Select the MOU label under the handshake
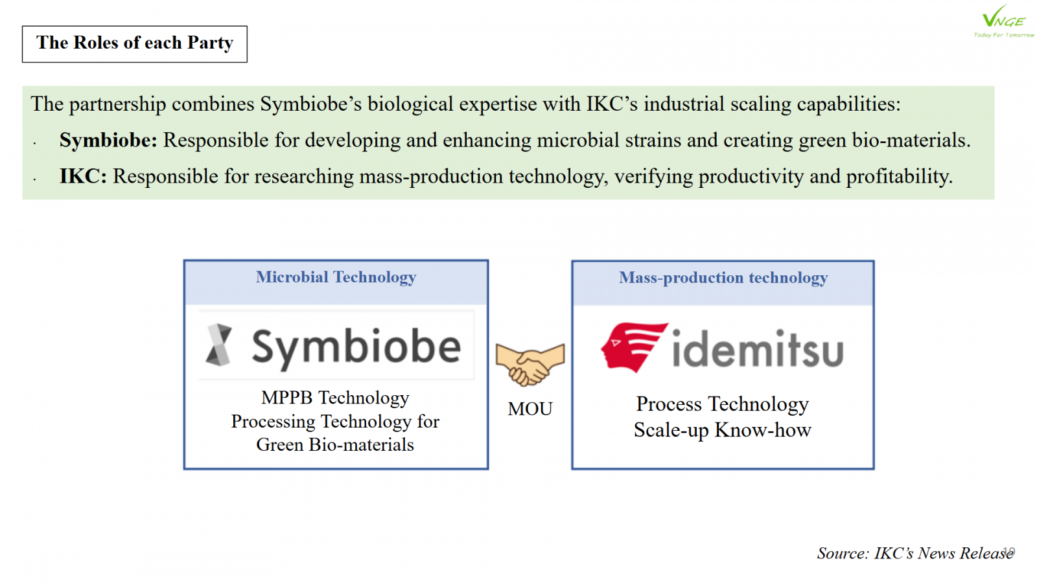530,409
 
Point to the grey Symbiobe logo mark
219,345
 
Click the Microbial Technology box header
336,277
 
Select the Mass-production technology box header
723,278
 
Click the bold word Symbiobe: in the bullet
108,140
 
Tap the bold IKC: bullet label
83,176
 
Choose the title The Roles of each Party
135,43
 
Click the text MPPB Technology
335,398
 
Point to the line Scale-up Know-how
722,430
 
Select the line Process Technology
722,404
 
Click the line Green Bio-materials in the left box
335,444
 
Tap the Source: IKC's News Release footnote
915,553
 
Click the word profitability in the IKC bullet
899,177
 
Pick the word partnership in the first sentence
117,104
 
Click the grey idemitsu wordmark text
758,348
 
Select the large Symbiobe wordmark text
356,347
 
